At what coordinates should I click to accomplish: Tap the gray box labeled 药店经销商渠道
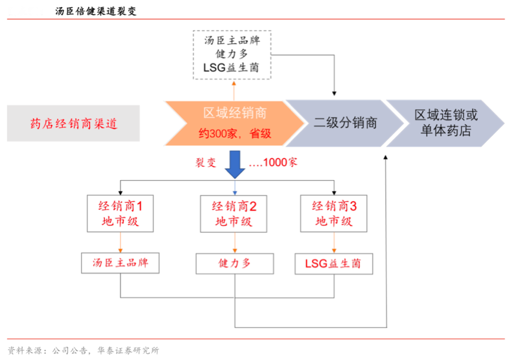click(73, 124)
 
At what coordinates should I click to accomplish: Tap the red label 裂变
click(205, 163)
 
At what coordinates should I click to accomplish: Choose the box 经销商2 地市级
click(235, 214)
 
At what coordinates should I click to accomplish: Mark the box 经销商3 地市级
click(334, 214)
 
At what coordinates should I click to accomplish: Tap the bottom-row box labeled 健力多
click(235, 263)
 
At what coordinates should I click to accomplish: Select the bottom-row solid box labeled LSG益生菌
click(334, 263)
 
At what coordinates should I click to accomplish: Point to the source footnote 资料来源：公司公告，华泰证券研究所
click(83, 350)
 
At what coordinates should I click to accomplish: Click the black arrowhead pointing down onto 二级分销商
click(335, 92)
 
